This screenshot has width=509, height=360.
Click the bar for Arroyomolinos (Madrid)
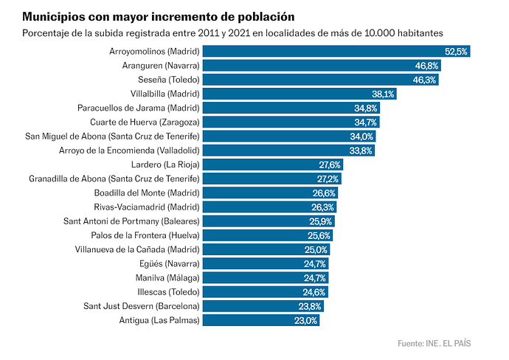[x=336, y=52]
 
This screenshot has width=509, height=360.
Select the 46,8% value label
[x=426, y=66]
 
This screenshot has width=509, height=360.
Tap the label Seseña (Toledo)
[x=168, y=80]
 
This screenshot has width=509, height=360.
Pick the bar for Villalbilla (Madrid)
[x=299, y=94]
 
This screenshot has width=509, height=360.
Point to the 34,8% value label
[x=365, y=108]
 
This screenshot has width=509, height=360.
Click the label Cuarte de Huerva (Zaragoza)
[x=145, y=122]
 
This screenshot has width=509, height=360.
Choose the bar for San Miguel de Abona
[x=289, y=136]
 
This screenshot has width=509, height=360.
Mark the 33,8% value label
[x=361, y=150]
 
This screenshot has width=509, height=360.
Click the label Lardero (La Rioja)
[x=165, y=165]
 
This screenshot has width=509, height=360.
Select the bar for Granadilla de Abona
[x=272, y=179]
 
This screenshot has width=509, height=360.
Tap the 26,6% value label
[x=324, y=193]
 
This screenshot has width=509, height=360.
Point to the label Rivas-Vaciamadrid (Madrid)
[x=147, y=207]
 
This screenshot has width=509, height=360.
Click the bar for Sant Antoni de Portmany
[x=269, y=221]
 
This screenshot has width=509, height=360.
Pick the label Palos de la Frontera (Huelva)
[x=145, y=235]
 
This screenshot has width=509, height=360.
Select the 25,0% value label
[x=316, y=249]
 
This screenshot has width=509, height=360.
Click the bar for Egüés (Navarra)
[x=266, y=264]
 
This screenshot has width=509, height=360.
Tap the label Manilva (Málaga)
[x=167, y=278]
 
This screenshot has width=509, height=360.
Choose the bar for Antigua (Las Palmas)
[x=261, y=320]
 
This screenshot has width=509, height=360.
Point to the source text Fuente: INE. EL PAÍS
[x=434, y=343]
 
